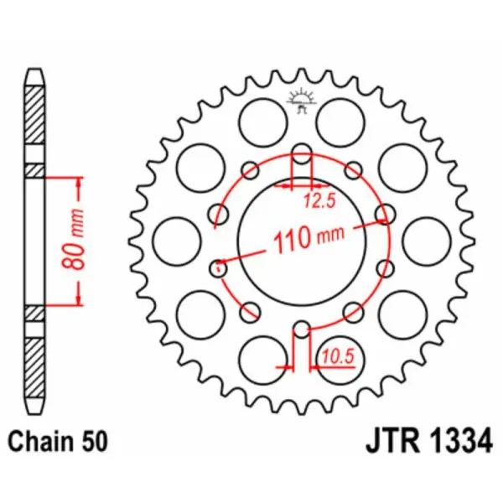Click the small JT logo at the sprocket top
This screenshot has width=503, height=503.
click(x=301, y=98)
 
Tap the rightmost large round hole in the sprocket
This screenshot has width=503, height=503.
click(x=422, y=240)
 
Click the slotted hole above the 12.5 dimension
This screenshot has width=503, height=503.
click(x=302, y=155)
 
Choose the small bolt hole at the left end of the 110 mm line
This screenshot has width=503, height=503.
click(x=217, y=268)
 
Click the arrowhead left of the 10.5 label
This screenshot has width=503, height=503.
click(x=286, y=368)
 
